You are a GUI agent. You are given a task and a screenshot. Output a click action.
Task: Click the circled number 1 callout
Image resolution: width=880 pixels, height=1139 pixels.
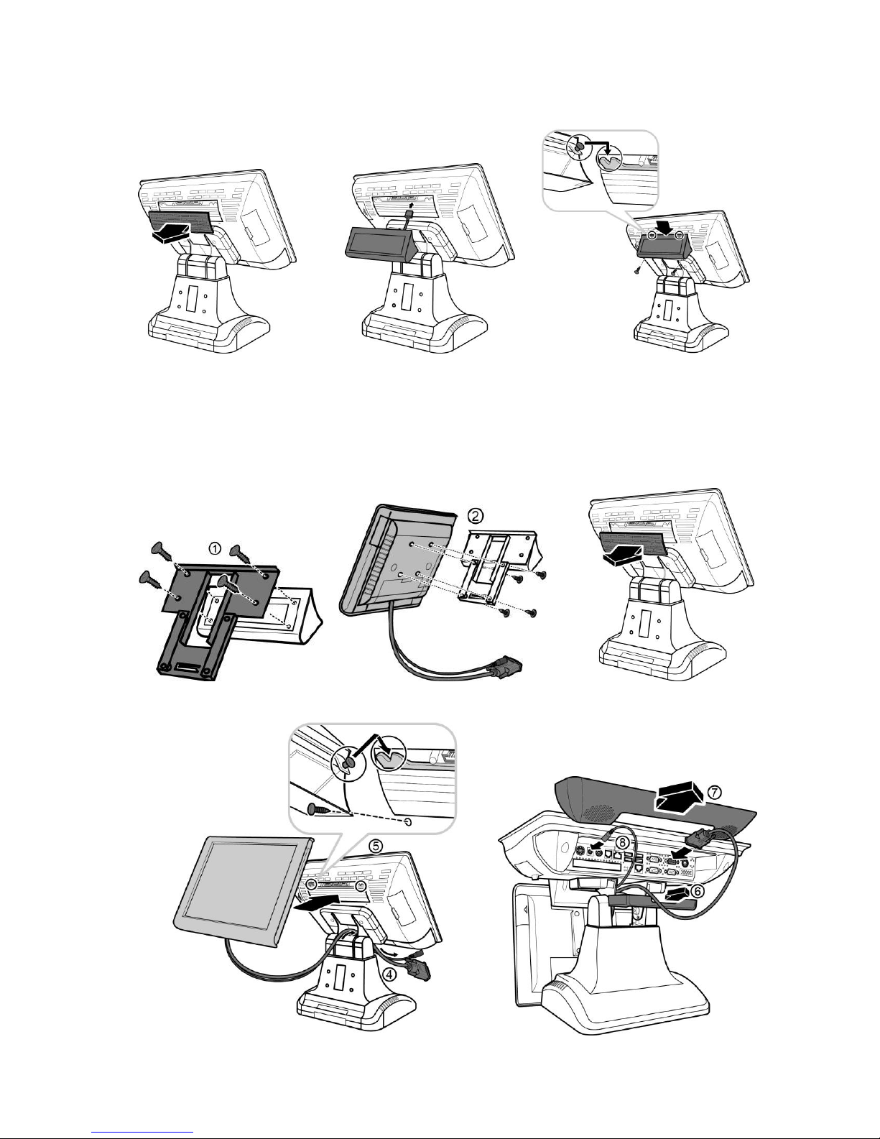[x=216, y=548]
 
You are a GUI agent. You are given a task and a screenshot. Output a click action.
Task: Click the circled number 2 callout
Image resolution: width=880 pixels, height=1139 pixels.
[x=475, y=516]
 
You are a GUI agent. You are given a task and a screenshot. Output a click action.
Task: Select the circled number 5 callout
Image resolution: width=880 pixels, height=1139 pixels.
[x=376, y=845]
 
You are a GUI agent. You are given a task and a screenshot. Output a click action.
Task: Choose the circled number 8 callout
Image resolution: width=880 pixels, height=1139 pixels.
[x=621, y=842]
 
